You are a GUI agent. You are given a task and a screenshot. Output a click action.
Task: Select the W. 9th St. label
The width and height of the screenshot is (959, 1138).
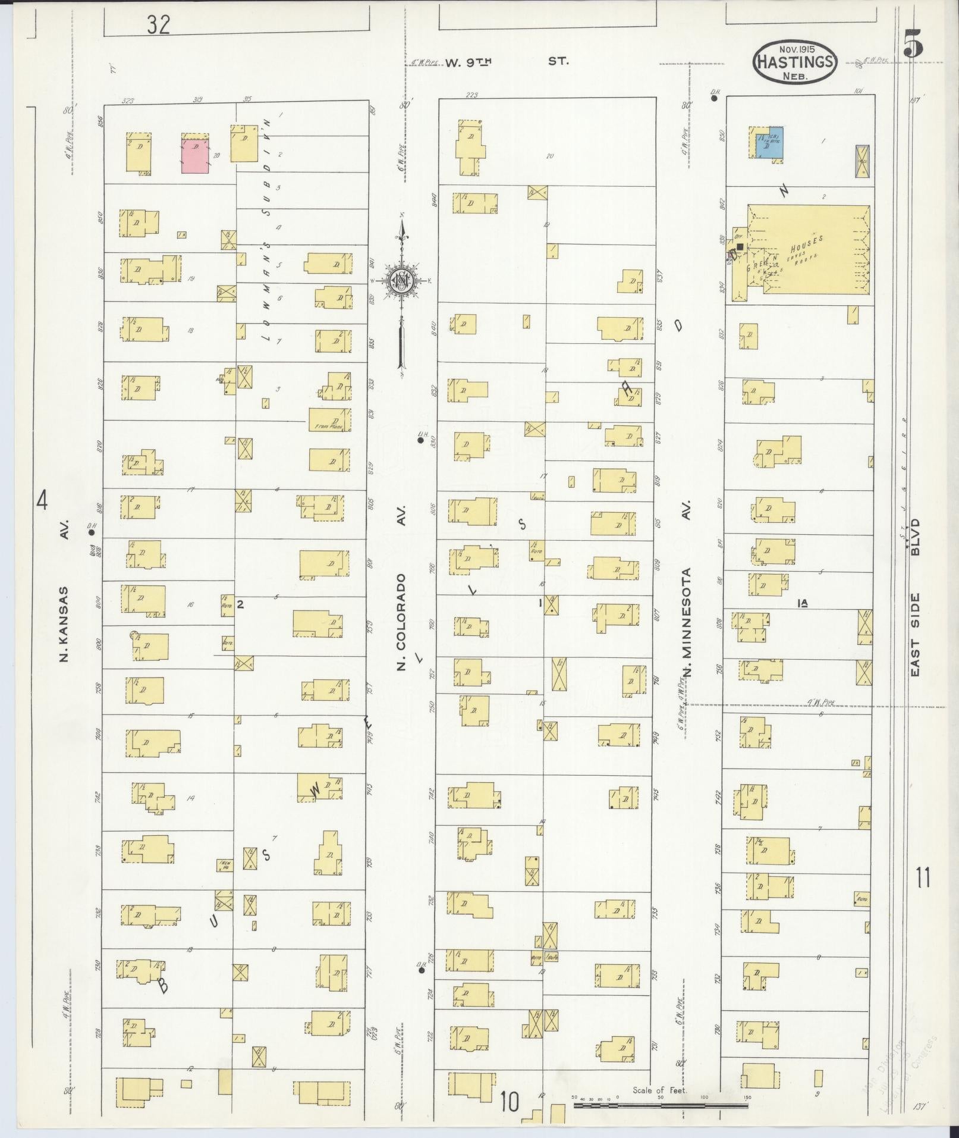(x=507, y=61)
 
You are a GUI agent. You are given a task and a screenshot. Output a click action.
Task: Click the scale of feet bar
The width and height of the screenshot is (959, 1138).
(x=660, y=1105)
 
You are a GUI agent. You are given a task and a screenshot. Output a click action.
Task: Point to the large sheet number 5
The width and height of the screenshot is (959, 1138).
(x=913, y=44)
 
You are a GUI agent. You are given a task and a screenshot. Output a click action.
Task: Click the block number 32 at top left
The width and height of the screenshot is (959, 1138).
(x=159, y=24)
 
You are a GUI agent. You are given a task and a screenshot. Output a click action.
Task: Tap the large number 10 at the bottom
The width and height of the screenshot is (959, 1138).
(x=509, y=1102)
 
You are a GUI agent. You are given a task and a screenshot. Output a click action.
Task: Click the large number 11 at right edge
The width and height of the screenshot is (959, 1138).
(x=923, y=877)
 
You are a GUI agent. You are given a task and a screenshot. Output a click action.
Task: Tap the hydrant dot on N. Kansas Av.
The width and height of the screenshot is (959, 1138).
(x=92, y=533)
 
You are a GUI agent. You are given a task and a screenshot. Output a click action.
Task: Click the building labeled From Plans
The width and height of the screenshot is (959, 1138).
(x=330, y=420)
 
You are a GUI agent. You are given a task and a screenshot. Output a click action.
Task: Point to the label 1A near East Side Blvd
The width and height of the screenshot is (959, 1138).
(x=802, y=603)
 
